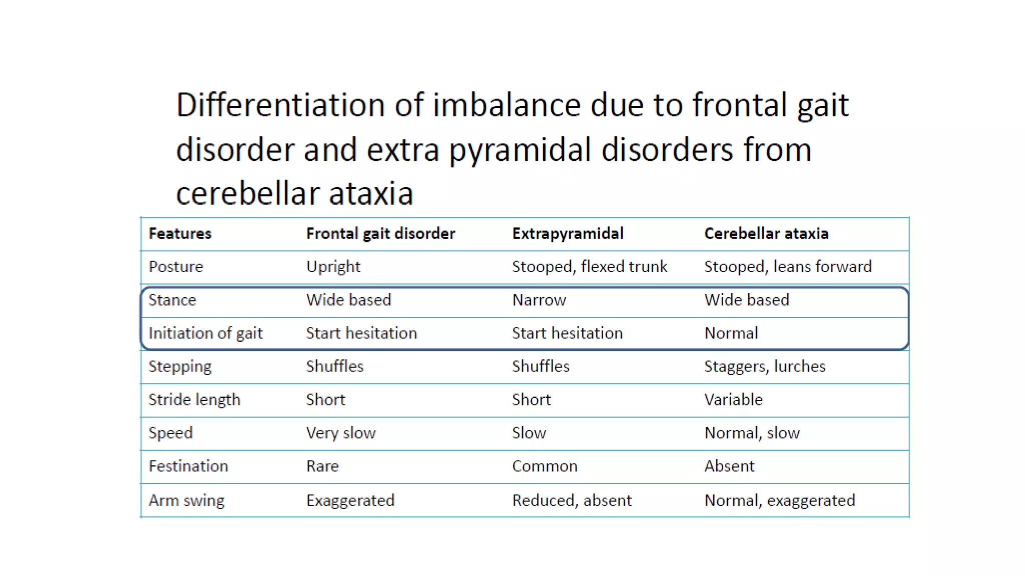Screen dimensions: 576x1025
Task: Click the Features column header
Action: coord(180,233)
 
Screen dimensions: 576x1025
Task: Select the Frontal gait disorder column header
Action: coord(380,233)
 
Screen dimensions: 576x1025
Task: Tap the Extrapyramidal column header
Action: coord(568,233)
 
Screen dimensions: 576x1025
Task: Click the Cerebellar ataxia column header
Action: coord(766,233)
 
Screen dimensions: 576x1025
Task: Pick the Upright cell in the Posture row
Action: coord(333,266)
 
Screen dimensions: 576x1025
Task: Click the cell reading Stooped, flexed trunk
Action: coord(589,266)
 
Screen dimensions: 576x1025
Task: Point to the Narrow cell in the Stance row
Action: coord(539,300)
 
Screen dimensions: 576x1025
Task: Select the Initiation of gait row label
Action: coord(205,333)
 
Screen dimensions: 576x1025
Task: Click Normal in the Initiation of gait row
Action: coord(731,333)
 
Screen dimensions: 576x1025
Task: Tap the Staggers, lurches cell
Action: coord(764,366)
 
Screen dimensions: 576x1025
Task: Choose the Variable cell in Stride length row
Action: coord(733,399)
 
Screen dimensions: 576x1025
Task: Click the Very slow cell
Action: coord(340,433)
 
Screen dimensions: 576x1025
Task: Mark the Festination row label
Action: coord(188,466)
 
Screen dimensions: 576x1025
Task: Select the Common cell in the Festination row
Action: coord(545,466)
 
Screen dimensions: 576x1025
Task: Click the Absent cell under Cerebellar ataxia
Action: coord(729,466)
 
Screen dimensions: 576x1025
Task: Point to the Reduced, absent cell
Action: coord(572,500)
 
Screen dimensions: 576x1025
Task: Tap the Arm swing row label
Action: coord(186,500)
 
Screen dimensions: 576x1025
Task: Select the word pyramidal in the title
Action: coord(520,150)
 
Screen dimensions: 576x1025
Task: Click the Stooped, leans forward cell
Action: coord(787,266)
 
